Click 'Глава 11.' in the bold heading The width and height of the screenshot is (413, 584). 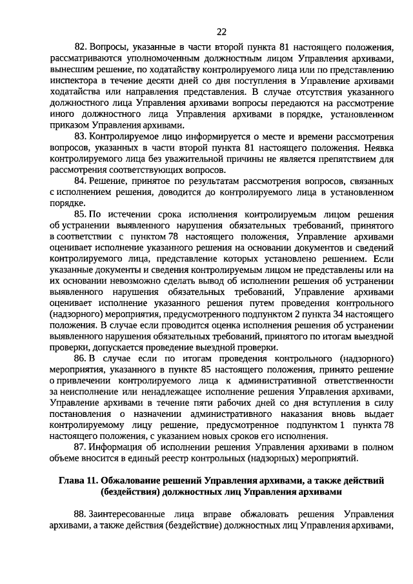(x=80, y=481)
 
